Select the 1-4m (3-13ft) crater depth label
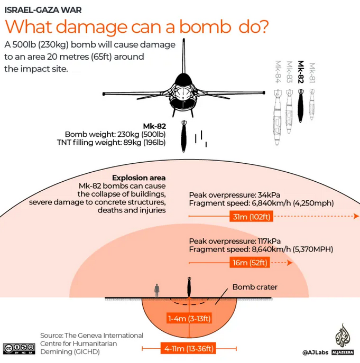tap(189, 318)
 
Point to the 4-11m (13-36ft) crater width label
tap(188, 348)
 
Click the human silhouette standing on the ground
tap(156, 292)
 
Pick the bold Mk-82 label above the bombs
tap(301, 72)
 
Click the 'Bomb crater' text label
tap(255, 287)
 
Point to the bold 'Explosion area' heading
tap(139, 178)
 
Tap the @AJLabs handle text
tap(316, 352)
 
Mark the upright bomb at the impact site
tap(188, 288)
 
